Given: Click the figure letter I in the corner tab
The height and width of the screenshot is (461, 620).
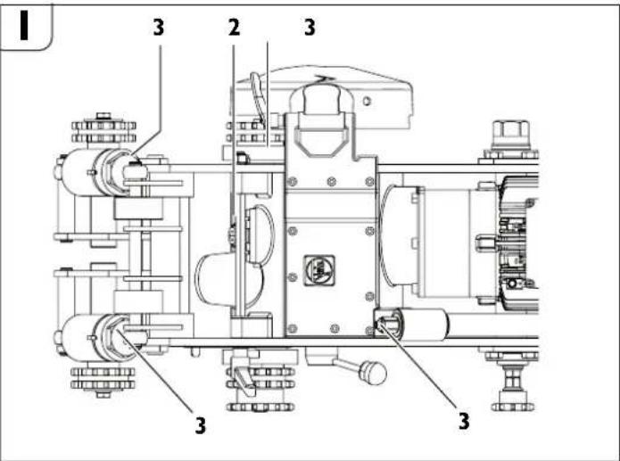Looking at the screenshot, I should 27,26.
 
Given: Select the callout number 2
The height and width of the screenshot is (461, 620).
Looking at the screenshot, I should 233,28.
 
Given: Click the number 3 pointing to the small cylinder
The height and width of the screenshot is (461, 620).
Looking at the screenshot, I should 464,419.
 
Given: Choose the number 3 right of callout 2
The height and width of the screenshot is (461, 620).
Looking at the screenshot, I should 309,28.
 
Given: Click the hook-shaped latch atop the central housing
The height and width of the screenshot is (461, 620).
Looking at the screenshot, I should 320,116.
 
